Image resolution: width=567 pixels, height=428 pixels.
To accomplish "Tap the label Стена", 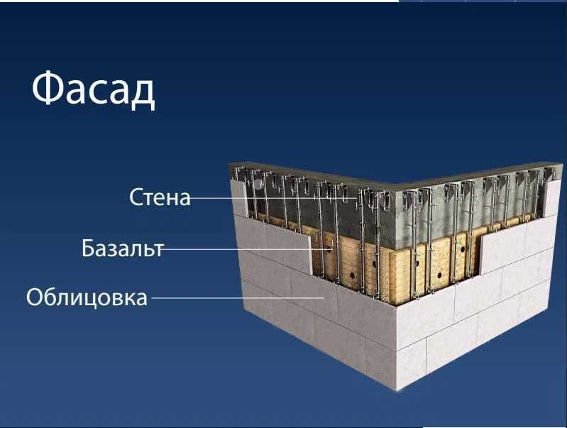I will coord(160,197).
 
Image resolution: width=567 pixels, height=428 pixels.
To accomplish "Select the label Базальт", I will coord(122,248).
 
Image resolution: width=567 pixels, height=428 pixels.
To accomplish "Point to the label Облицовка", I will coord(87,296).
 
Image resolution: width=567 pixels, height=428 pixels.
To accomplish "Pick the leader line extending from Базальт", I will coord(241,249).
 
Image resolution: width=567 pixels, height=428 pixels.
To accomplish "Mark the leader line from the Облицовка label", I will coord(234,297).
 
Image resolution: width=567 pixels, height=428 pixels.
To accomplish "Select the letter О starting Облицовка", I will coord(35,296).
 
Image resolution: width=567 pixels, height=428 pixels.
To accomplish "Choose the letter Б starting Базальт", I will coord(89,248).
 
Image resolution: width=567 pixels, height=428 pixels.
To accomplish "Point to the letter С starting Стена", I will coord(137,197).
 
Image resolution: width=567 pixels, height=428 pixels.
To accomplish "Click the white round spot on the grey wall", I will coord(260,183).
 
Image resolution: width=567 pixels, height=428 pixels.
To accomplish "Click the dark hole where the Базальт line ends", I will coord(329,249).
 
